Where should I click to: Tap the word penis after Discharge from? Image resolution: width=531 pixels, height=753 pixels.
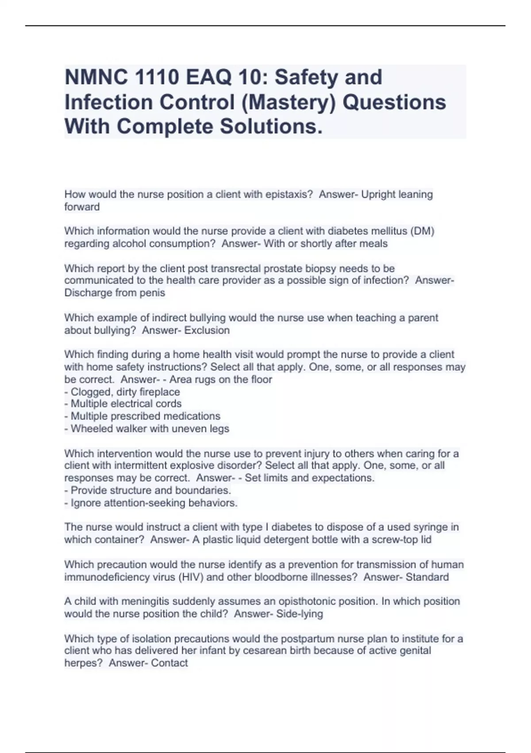point(152,293)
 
